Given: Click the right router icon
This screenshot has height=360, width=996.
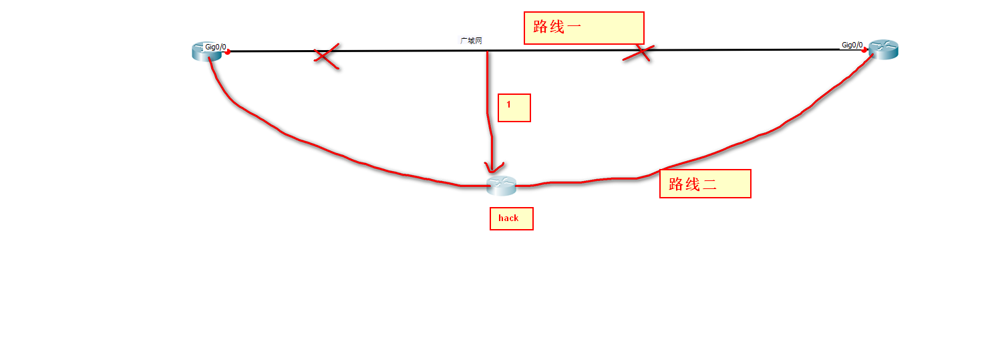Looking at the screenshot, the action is coord(883,49).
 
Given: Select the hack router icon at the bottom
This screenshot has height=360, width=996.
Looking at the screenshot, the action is coord(501,186).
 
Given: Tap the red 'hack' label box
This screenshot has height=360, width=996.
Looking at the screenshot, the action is coord(511,218).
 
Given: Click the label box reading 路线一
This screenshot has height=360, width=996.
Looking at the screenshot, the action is coord(583,28).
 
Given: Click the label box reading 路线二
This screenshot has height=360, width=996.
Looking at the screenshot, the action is coord(705,184).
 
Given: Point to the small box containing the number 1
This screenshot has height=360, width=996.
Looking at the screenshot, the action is coord(514,108).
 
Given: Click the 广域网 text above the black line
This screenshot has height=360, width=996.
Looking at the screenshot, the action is coord(471,41).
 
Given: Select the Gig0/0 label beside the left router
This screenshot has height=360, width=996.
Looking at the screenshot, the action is coord(215,47).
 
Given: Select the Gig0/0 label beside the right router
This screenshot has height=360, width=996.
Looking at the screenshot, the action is coord(852,45).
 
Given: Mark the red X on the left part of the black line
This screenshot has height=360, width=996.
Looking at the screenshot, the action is coord(326,57).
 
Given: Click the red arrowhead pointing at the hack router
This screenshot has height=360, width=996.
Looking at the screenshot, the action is coord(493,168).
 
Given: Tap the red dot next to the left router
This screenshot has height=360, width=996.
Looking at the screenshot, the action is coord(228,51).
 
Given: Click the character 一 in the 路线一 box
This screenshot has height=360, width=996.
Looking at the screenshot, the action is coord(573,28).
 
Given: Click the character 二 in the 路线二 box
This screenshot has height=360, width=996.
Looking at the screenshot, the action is coord(709,185).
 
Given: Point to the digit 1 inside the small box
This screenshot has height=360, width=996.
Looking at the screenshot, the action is coord(508,104).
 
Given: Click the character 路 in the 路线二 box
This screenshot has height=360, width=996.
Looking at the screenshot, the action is coord(676,185).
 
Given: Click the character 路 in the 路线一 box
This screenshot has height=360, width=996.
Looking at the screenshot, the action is coord(540,28).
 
